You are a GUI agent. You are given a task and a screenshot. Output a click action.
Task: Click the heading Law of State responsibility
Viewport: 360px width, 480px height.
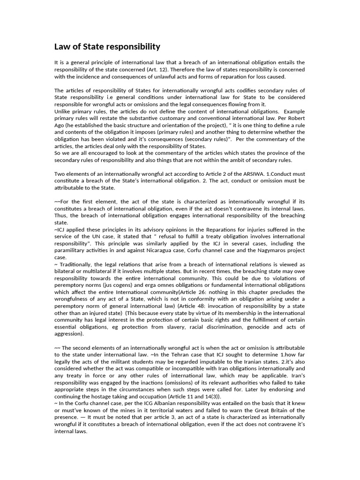pyautogui.click(x=107, y=46)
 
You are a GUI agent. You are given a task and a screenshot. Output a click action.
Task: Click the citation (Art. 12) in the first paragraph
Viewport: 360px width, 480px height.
pyautogui.click(x=165, y=69)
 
